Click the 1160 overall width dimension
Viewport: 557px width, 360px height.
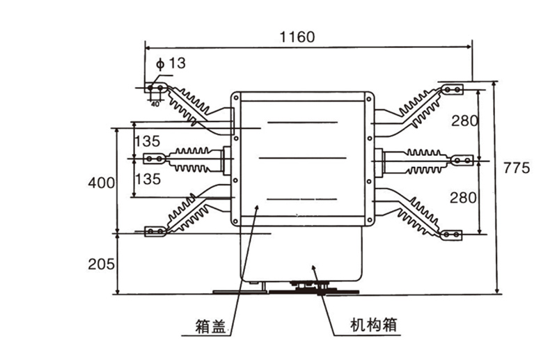[297, 37]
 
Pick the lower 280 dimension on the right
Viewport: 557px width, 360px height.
[464, 198]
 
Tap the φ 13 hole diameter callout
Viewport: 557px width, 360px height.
[171, 64]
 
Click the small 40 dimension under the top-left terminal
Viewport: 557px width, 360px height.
[155, 104]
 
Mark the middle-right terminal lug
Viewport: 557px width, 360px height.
[457, 162]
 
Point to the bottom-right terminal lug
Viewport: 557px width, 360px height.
[453, 235]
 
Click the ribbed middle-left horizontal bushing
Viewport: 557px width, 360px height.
[191, 160]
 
